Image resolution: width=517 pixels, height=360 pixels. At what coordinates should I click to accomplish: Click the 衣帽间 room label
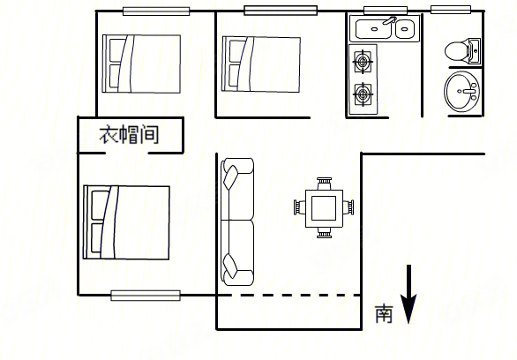129,134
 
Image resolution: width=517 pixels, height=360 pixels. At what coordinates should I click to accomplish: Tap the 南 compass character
384,313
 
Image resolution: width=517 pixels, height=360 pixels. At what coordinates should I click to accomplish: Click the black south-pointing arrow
408,295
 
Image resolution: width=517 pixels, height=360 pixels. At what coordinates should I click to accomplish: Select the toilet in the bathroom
462,51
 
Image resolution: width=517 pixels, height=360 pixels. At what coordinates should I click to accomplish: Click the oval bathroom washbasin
461,91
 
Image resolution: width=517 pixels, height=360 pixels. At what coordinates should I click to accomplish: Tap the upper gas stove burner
363,61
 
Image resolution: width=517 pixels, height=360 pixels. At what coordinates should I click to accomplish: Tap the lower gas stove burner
363,94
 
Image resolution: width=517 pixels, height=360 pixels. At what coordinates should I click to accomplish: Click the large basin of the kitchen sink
373,29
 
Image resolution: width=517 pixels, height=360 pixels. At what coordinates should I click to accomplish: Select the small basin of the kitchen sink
405,29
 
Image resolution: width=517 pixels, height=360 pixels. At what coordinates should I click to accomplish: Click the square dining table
324,208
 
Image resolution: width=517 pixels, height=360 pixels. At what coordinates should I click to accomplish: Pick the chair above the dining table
324,184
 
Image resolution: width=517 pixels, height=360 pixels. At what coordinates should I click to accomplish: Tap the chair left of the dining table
300,207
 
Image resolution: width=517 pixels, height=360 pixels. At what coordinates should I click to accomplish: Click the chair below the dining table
324,233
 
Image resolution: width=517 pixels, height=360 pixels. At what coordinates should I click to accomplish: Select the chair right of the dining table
348,207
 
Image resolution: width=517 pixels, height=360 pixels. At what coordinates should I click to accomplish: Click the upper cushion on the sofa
230,177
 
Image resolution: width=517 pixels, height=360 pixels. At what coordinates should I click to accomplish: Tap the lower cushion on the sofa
230,266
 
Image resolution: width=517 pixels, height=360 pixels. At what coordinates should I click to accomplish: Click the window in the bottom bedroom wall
146,296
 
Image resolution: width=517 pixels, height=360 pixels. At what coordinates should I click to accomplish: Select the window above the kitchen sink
386,11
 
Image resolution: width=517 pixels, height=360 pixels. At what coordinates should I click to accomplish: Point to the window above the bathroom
451,10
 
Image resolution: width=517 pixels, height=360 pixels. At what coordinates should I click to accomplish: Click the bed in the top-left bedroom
141,64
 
